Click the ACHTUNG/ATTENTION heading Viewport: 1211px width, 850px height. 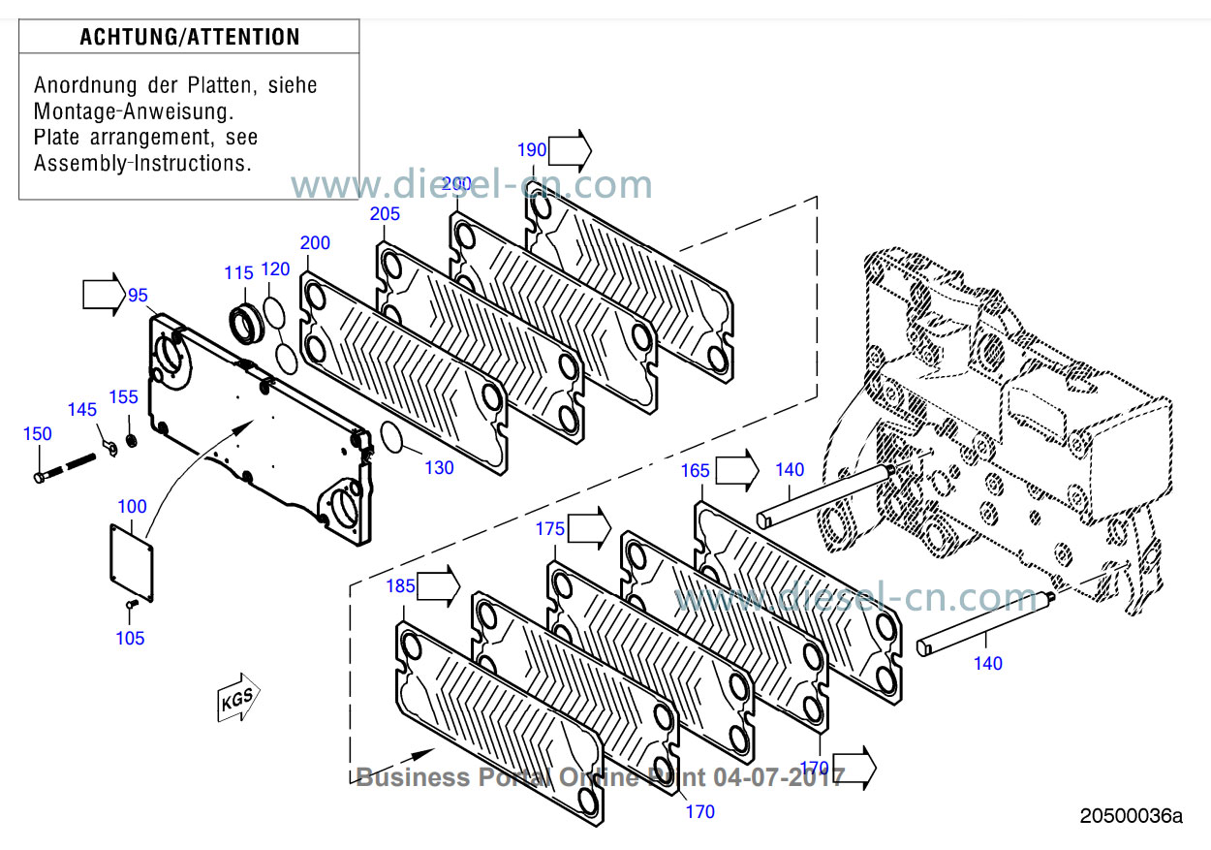pos(189,38)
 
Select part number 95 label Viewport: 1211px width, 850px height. pos(138,295)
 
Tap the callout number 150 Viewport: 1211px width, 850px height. pos(38,434)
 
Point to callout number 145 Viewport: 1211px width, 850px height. pos(82,410)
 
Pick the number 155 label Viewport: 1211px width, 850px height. pos(123,396)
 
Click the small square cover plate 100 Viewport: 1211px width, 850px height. pos(132,560)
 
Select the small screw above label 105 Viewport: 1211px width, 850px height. pos(133,606)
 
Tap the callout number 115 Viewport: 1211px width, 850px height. pos(238,273)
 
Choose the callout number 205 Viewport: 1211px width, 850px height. pos(385,214)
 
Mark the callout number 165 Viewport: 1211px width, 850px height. pos(695,471)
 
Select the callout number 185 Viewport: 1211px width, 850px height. pos(400,585)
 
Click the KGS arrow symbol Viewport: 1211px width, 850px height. pos(238,697)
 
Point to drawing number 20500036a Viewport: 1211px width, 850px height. pos(1132,816)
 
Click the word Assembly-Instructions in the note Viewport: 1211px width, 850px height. pos(142,163)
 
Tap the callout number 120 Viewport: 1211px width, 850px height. pos(275,268)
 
